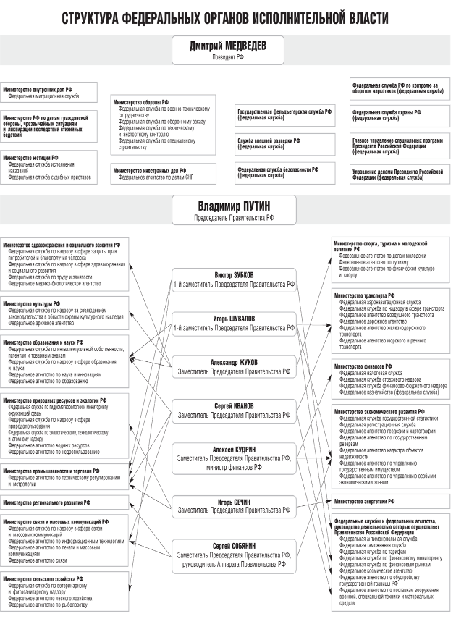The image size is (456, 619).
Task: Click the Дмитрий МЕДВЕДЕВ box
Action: point(227,50)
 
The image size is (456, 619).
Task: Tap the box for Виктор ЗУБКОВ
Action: point(234,279)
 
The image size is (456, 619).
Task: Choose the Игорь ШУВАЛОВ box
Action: point(234,323)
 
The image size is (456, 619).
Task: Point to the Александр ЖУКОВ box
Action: point(234,366)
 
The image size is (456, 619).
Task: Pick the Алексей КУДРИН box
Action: point(234,458)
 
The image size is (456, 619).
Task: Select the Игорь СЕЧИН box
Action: point(234,505)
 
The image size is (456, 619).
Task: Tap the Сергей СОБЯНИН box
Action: point(234,555)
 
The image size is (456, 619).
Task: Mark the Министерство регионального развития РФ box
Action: point(64,502)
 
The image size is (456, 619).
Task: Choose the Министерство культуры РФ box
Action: point(64,312)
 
